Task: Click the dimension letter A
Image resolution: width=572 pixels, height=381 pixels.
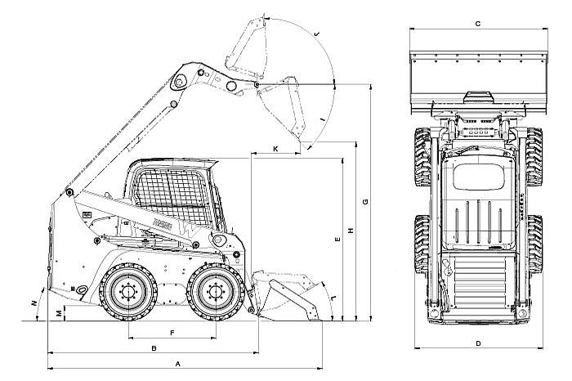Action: click(x=177, y=361)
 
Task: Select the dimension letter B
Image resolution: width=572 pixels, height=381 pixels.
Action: click(x=154, y=348)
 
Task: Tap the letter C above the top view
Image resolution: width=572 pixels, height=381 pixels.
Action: click(x=477, y=25)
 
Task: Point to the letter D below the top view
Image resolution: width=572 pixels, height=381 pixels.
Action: click(x=477, y=343)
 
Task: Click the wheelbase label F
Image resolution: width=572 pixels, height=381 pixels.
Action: click(x=172, y=333)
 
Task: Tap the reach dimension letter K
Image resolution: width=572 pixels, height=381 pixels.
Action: click(x=275, y=148)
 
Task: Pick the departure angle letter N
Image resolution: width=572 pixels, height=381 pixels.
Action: click(x=33, y=304)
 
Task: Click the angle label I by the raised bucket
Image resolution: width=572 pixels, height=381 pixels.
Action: click(x=324, y=121)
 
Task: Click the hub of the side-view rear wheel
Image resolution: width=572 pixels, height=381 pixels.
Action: click(x=127, y=291)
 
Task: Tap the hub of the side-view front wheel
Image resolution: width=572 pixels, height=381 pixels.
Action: click(x=214, y=292)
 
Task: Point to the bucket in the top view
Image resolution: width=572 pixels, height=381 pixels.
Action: click(x=477, y=78)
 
